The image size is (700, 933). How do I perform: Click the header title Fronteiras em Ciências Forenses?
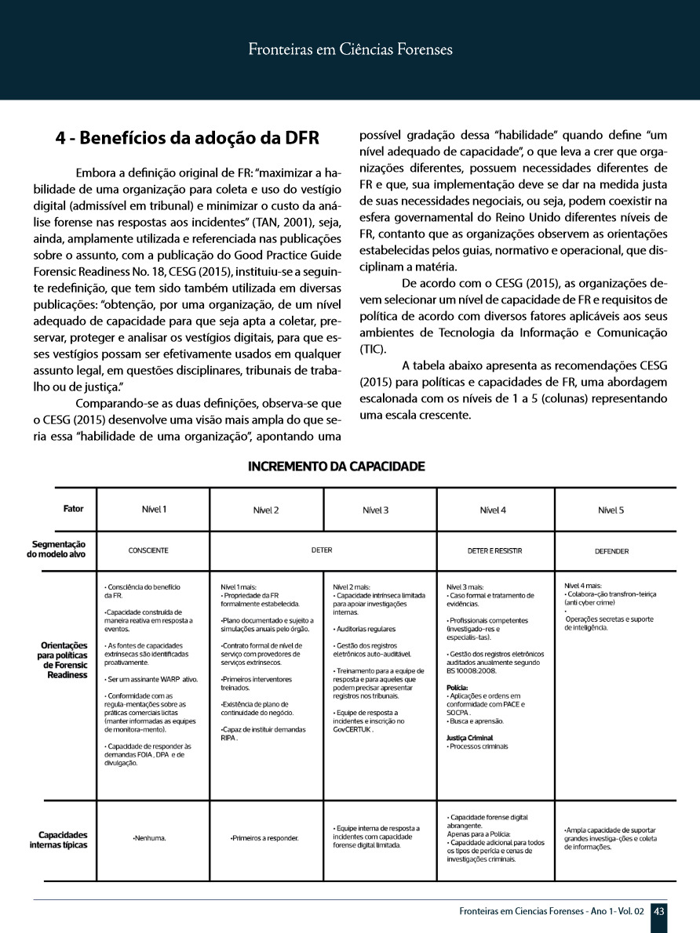[x=350, y=50]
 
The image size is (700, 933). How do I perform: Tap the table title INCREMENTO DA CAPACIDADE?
[x=336, y=466]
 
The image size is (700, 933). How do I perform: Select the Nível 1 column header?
[x=154, y=510]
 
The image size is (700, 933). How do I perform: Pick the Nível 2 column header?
[x=266, y=510]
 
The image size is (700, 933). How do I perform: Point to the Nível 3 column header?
[x=376, y=510]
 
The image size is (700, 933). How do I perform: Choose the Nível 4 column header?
[x=492, y=510]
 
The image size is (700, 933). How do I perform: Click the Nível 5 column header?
[x=611, y=510]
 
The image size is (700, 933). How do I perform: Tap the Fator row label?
[x=73, y=509]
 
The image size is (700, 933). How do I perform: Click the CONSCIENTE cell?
[x=148, y=551]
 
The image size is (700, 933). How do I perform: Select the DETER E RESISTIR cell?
[x=494, y=551]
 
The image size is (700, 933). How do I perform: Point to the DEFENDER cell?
[x=611, y=551]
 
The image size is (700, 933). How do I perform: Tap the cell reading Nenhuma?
[x=149, y=838]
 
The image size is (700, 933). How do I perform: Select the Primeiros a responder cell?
[x=264, y=838]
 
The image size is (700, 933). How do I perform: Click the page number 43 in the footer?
[x=659, y=911]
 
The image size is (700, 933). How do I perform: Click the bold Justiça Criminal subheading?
[x=469, y=738]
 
